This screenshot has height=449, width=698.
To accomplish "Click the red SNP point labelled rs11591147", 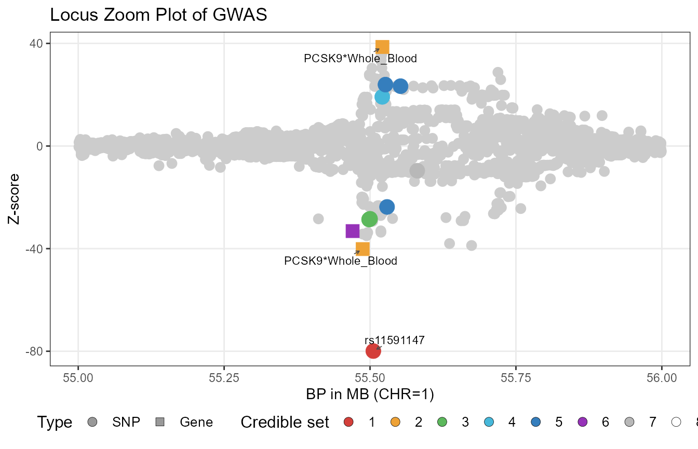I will (373, 351).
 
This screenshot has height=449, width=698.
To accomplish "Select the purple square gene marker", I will (353, 231).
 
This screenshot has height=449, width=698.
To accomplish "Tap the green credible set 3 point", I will (369, 220).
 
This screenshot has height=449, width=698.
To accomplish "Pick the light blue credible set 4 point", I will (382, 97).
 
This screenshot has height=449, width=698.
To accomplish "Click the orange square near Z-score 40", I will (382, 47).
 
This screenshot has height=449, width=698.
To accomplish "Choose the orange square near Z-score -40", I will (363, 249).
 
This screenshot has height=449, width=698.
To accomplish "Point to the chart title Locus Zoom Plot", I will (158, 16).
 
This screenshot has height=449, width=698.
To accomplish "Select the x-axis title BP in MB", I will (370, 394).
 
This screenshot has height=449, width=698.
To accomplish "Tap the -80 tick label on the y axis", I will (36, 351).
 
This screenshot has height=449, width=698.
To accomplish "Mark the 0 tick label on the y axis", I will (39, 146).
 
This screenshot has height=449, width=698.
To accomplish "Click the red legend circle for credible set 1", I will (348, 423).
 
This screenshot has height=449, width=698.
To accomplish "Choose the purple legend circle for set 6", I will (582, 423).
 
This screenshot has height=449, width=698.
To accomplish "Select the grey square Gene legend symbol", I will (160, 423).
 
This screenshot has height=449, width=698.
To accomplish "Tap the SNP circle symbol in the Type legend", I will (93, 423).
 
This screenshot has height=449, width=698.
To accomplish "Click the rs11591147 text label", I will (395, 341).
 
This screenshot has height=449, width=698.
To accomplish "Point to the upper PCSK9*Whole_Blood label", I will (360, 59).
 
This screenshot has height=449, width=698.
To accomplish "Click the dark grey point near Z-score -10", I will (417, 170).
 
